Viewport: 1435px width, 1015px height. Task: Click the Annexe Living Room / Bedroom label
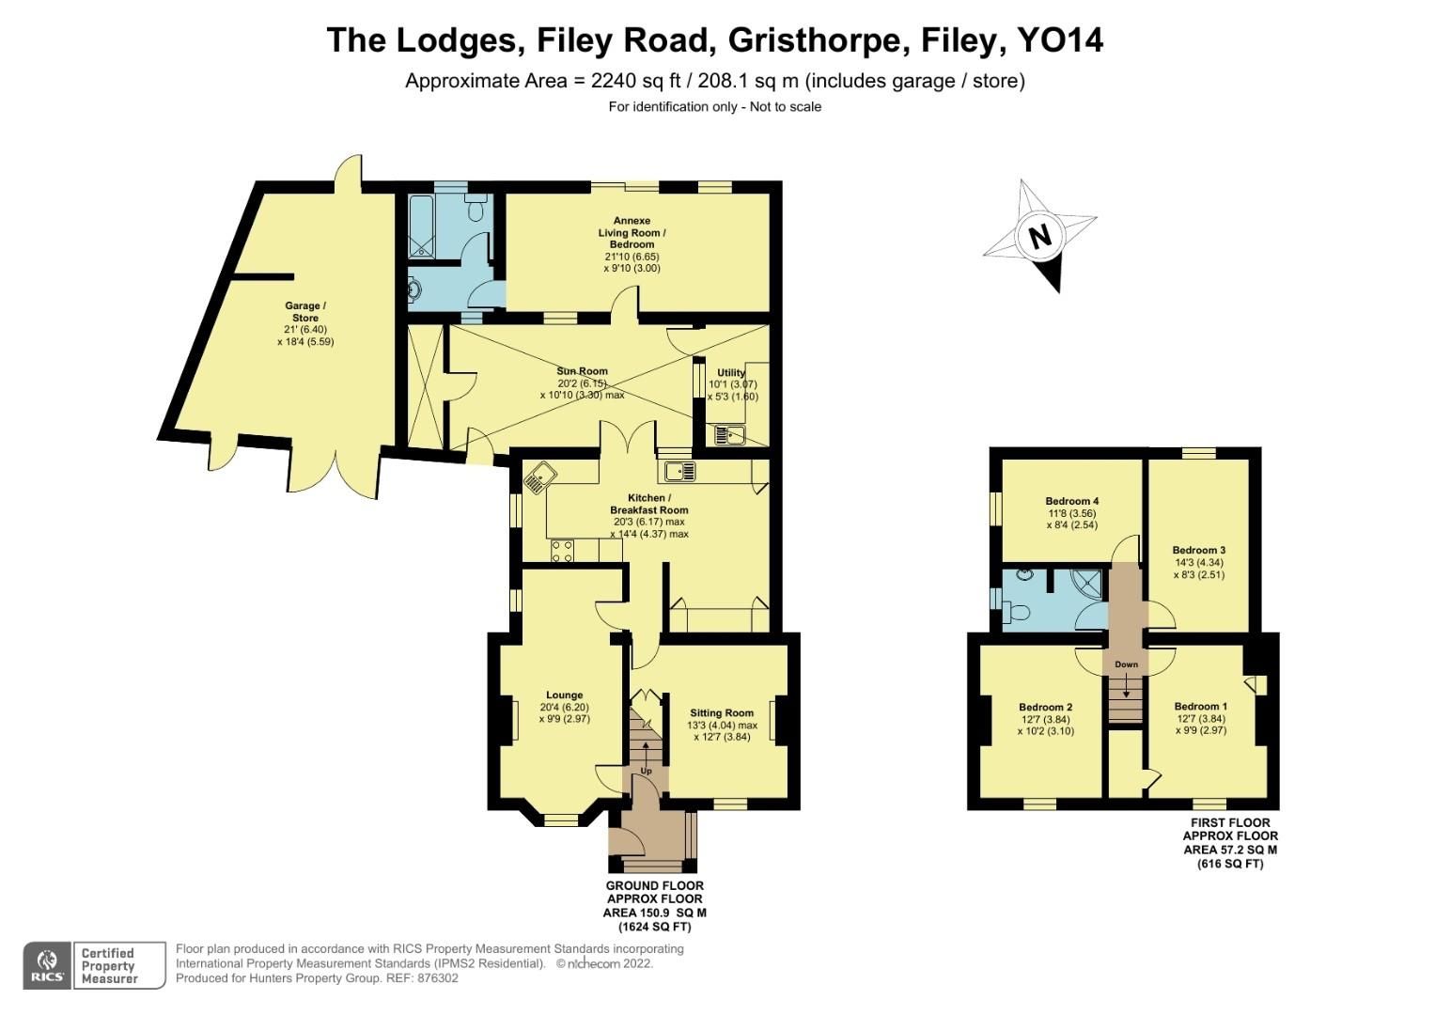point(632,232)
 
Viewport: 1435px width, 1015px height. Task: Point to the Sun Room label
point(582,371)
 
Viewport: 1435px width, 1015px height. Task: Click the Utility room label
point(731,373)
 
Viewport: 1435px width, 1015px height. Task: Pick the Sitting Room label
point(722,712)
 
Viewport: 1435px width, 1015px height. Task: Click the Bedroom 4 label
point(1072,501)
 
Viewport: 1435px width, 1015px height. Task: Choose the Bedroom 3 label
point(1198,550)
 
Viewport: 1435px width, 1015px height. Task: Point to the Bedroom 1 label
point(1200,707)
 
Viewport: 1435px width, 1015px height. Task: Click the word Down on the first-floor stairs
point(1126,664)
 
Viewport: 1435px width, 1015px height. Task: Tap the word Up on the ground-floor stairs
point(646,771)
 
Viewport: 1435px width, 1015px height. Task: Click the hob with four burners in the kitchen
point(562,552)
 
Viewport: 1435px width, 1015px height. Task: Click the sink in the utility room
point(728,435)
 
